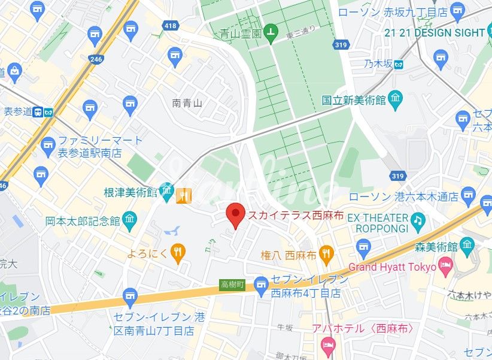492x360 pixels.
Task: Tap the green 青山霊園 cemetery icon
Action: coord(271,34)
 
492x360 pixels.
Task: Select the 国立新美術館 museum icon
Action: coord(395,100)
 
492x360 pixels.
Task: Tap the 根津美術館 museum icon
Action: coord(166,192)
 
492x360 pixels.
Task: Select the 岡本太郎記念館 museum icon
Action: coord(129,220)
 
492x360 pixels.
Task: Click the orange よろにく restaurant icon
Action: coord(177,253)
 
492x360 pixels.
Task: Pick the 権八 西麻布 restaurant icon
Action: coord(326,254)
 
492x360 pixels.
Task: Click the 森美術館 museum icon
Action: coord(467,246)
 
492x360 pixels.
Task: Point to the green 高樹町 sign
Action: coord(232,285)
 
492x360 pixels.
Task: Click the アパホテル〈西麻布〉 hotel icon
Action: coord(327,343)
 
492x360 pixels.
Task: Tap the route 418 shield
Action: coord(171,25)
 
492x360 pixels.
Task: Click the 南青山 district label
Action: coord(187,103)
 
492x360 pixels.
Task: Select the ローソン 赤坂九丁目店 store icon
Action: coord(457,11)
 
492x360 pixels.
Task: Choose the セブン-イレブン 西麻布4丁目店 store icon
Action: coord(261,285)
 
